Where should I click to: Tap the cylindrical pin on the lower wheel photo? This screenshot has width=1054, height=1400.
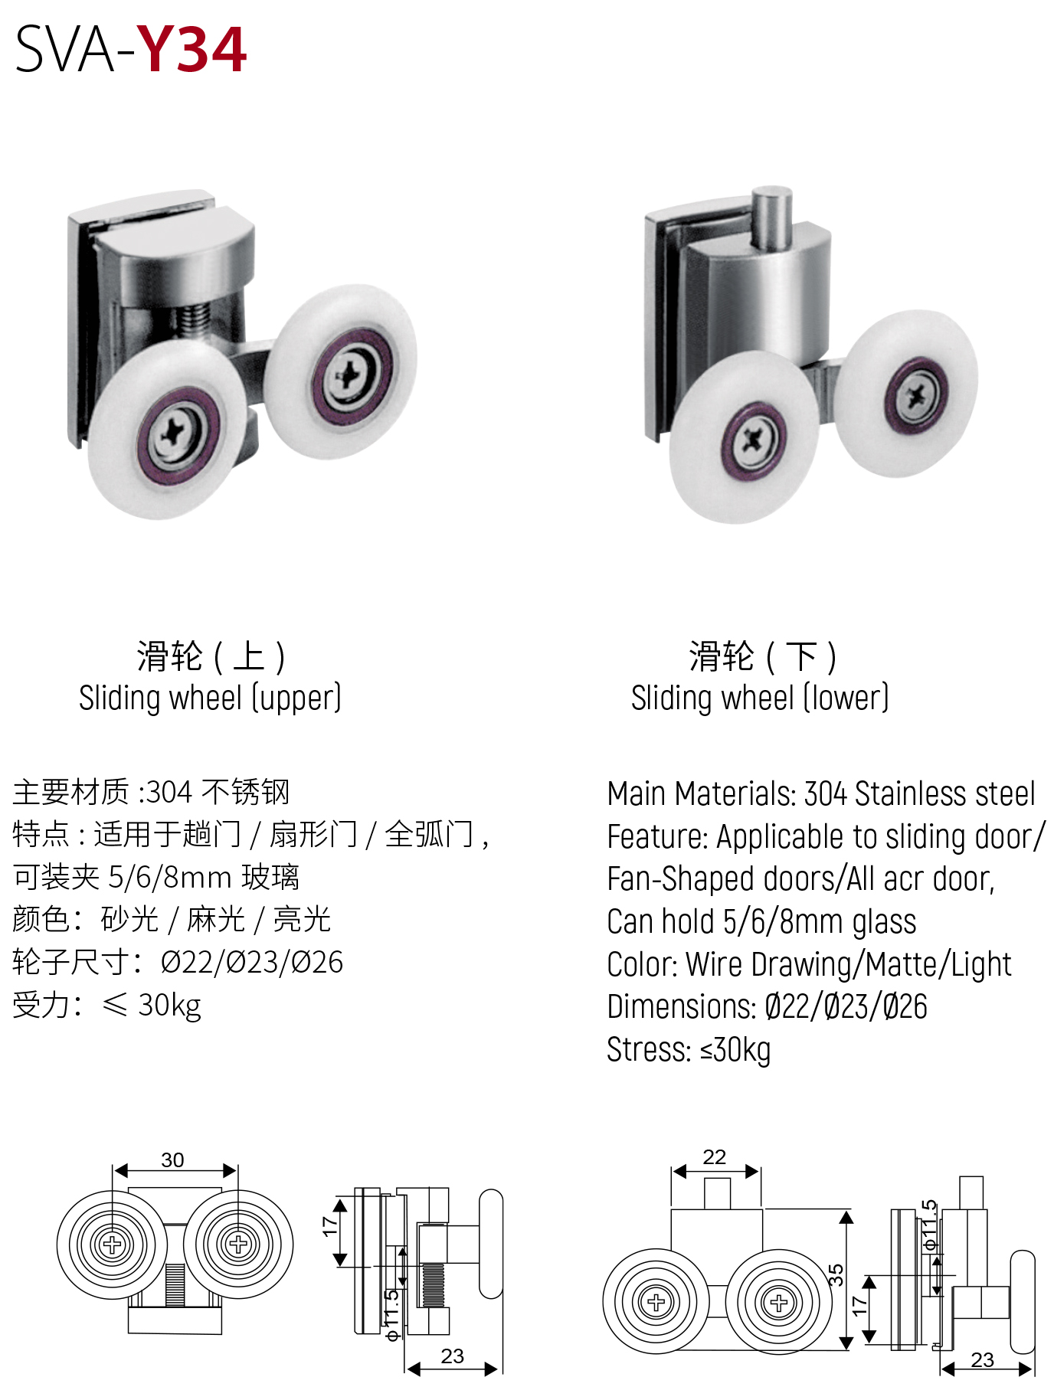[x=771, y=218]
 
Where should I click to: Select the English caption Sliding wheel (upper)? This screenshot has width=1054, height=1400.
[x=210, y=698]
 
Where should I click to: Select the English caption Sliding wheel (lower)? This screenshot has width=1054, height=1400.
[x=759, y=698]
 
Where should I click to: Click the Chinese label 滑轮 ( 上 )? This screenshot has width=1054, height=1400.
[x=211, y=657]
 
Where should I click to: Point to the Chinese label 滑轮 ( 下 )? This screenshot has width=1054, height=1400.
[x=762, y=657]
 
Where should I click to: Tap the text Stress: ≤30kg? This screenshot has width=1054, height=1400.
[x=689, y=1050]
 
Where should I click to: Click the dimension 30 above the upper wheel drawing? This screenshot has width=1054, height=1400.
[x=172, y=1160]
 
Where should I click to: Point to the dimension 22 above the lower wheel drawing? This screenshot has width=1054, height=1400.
[x=714, y=1157]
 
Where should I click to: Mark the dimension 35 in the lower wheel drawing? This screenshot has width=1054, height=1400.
[x=836, y=1274]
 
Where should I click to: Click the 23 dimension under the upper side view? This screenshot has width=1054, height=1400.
[x=452, y=1356]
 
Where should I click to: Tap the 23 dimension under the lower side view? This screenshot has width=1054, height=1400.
[x=982, y=1359]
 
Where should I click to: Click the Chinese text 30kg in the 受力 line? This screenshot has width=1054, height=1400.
[x=169, y=1006]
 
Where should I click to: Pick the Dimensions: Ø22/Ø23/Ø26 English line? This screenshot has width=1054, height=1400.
[x=767, y=1007]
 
